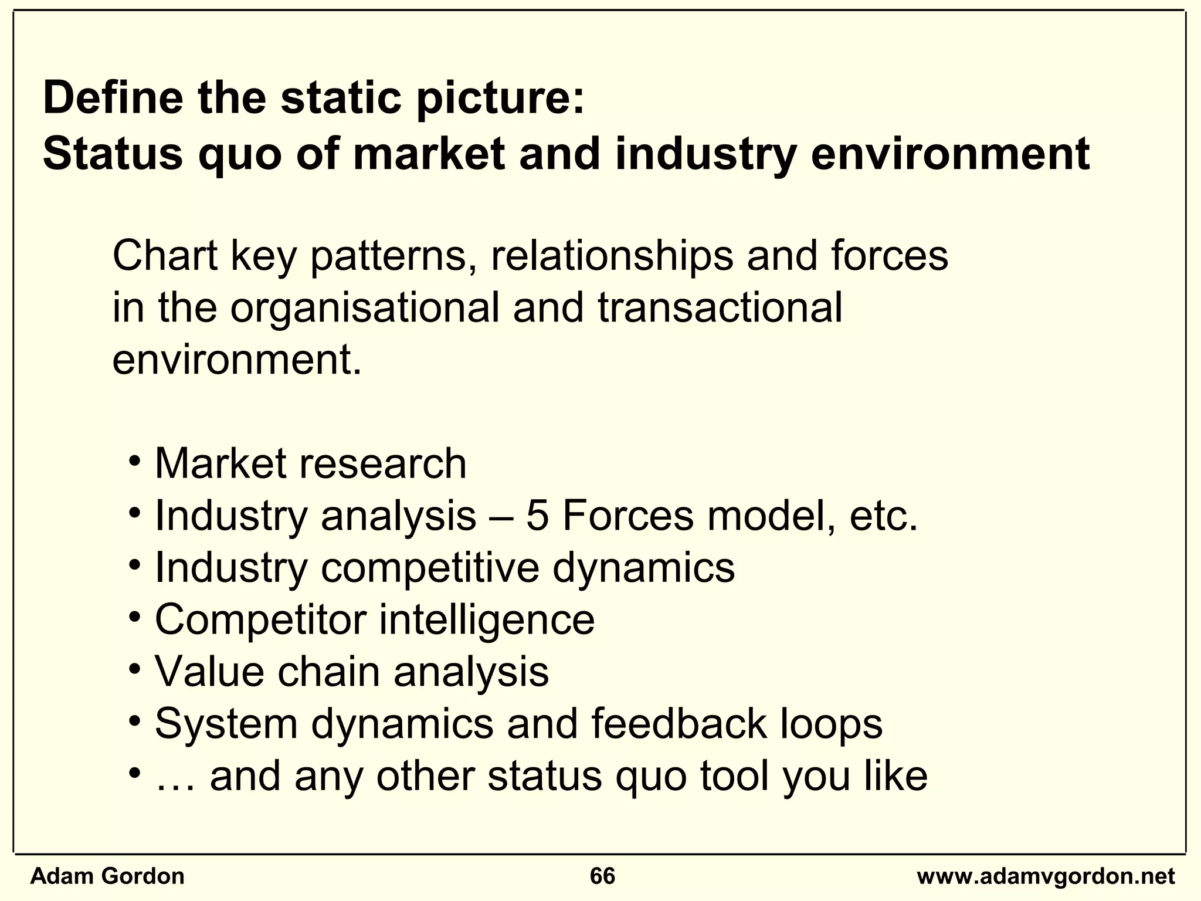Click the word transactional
[x=720, y=307]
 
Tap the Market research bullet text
[x=310, y=463]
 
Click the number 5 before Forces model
[x=537, y=516]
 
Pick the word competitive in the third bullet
[x=429, y=567]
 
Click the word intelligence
[x=486, y=619]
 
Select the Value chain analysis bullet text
[x=351, y=671]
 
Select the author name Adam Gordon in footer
[x=107, y=876]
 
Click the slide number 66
[x=602, y=876]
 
